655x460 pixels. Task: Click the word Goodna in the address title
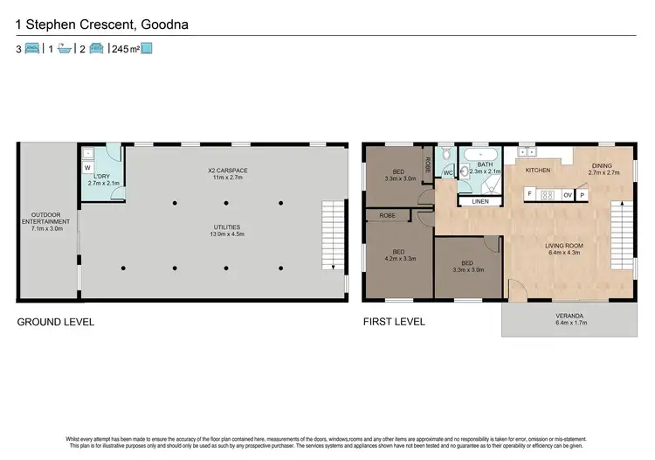[162, 24]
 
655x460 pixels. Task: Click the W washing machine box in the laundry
[87, 167]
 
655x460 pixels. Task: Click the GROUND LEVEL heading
[56, 322]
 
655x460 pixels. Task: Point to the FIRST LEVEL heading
[394, 322]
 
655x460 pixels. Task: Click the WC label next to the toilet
[446, 172]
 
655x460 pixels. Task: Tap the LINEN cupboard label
[479, 202]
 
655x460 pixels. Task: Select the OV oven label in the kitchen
[568, 195]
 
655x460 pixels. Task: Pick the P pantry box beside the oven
[582, 195]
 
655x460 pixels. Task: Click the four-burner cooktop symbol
[548, 195]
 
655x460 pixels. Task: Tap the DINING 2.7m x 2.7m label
[600, 168]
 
